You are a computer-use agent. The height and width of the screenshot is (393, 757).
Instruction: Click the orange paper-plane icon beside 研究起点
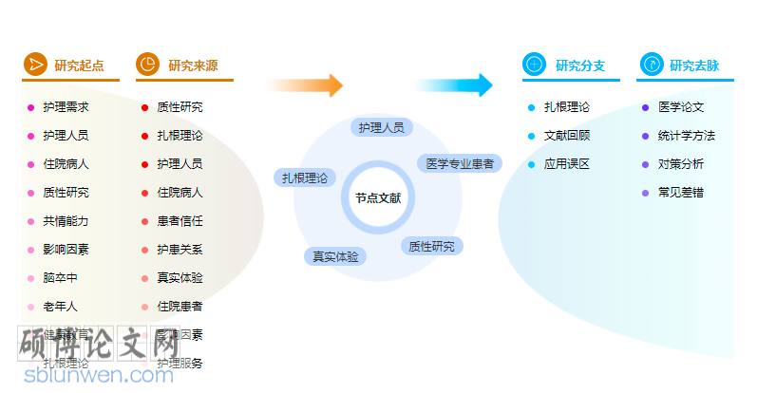pyautogui.click(x=35, y=65)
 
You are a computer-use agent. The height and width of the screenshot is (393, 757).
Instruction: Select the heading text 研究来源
pyautogui.click(x=193, y=66)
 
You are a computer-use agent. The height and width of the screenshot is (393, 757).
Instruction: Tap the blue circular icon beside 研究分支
pyautogui.click(x=535, y=65)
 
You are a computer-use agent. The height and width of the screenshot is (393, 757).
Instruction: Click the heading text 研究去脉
pyautogui.click(x=694, y=66)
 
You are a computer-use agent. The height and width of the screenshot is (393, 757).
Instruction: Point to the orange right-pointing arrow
pyautogui.click(x=306, y=85)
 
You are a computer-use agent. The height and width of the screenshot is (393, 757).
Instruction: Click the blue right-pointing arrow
pyautogui.click(x=455, y=85)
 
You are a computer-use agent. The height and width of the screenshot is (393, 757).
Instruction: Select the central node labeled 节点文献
pyautogui.click(x=378, y=198)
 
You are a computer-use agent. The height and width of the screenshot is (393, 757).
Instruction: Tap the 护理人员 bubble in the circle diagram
pyautogui.click(x=381, y=127)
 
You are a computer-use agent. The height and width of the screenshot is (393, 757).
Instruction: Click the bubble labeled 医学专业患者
pyautogui.click(x=460, y=163)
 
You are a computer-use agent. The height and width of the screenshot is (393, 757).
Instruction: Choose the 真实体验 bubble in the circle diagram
pyautogui.click(x=335, y=256)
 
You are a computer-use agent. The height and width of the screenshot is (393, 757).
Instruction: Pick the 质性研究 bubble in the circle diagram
pyautogui.click(x=431, y=247)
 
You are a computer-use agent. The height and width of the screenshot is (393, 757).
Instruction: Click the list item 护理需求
pyautogui.click(x=66, y=107)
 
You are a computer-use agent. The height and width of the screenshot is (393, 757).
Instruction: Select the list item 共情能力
pyautogui.click(x=66, y=221)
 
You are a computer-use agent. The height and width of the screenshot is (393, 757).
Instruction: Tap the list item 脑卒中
pyautogui.click(x=60, y=278)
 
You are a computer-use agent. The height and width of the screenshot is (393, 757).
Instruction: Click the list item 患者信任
pyautogui.click(x=180, y=221)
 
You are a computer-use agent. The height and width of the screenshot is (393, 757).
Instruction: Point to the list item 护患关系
pyautogui.click(x=180, y=250)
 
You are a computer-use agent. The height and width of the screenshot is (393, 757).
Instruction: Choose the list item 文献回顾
pyautogui.click(x=567, y=136)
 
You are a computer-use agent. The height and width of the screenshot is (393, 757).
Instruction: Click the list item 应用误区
pyautogui.click(x=567, y=164)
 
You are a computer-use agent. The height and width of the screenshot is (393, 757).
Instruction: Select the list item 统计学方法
pyautogui.click(x=687, y=136)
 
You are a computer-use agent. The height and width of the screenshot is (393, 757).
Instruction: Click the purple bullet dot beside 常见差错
pyautogui.click(x=646, y=193)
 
